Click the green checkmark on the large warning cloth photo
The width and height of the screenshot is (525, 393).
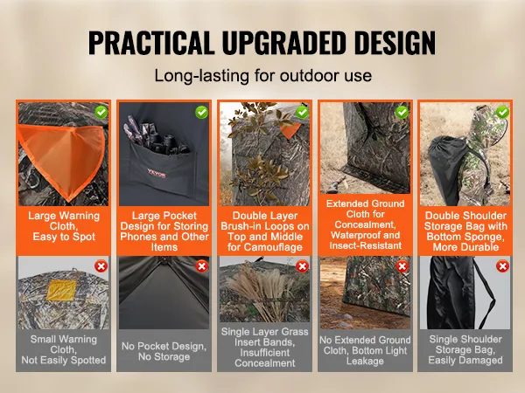click(x=101, y=113)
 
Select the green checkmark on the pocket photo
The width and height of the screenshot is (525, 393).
click(x=201, y=113)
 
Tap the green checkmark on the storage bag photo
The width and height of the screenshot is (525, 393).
click(x=502, y=113)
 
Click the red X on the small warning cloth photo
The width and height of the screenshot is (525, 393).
click(x=101, y=266)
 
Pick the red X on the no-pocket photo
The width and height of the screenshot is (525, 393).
click(x=201, y=266)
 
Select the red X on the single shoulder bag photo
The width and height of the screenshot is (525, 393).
click(x=502, y=266)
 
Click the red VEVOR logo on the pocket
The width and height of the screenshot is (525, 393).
click(x=157, y=174)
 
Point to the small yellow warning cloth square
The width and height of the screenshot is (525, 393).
click(x=61, y=290)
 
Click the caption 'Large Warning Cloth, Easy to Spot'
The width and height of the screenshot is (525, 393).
click(x=64, y=226)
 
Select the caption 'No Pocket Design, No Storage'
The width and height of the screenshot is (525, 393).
click(x=164, y=351)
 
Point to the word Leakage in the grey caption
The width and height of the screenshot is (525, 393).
click(x=365, y=361)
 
